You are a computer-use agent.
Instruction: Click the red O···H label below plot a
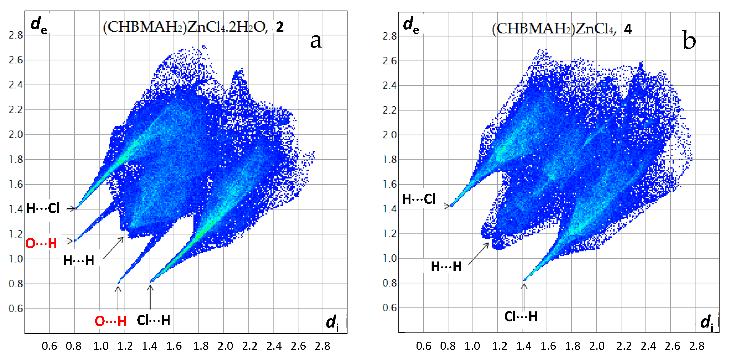point(110,321)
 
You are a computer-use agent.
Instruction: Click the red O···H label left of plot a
point(41,243)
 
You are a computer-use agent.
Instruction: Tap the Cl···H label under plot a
point(153,320)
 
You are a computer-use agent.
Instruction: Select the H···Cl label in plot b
point(419,199)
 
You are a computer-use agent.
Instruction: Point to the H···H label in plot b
point(446,267)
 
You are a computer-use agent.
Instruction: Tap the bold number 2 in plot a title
point(280,27)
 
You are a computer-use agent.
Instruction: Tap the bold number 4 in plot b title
point(628,29)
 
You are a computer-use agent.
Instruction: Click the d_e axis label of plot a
point(39,25)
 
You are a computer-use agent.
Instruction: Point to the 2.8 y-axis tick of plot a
point(16,35)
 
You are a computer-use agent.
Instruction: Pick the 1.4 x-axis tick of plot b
point(524,346)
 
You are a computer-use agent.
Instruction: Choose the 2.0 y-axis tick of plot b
point(389,135)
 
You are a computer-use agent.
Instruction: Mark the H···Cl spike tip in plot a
point(76,208)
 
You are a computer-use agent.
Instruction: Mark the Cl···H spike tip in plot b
point(524,280)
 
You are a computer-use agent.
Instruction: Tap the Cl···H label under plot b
point(521,316)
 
